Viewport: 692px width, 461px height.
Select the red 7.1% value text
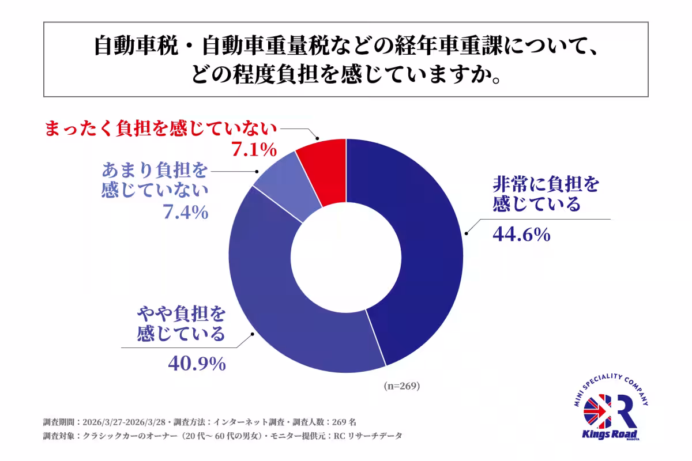point(254,151)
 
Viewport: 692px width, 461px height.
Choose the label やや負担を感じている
point(180,324)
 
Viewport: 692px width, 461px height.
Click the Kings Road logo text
point(611,433)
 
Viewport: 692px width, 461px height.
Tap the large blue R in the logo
point(622,410)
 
